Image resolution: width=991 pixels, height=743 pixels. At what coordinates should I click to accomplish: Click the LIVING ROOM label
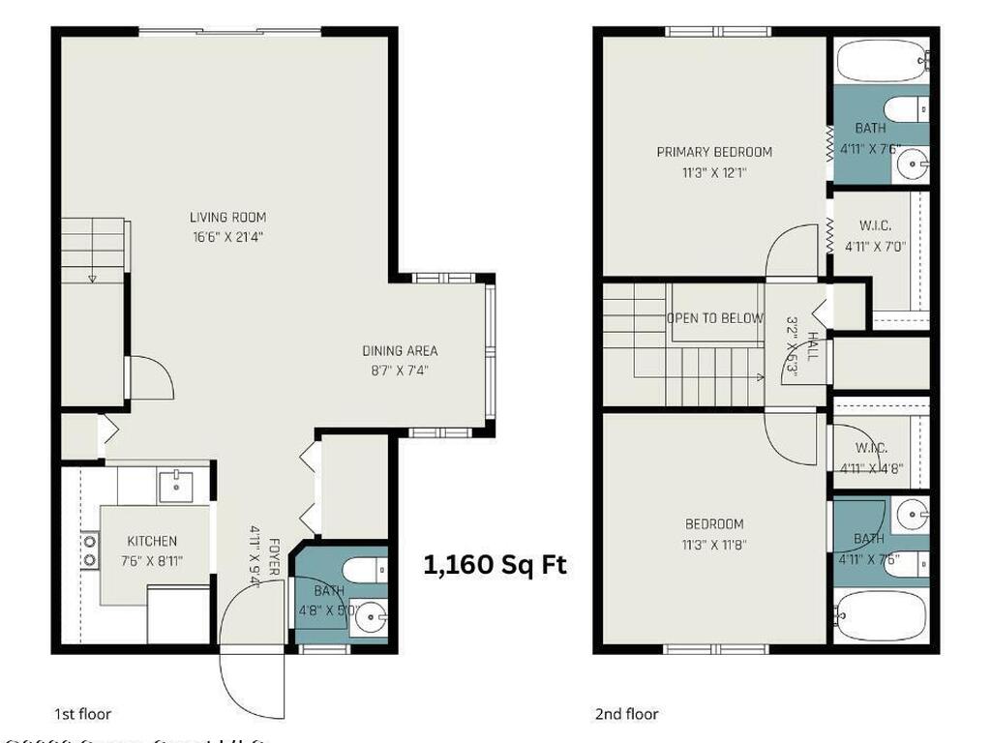(x=227, y=217)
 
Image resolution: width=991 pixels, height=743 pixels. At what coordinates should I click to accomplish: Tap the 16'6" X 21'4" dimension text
(x=227, y=236)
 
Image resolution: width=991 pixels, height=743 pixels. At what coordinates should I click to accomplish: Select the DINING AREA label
(x=400, y=351)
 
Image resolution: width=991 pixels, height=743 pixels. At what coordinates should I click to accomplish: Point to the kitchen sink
(x=175, y=484)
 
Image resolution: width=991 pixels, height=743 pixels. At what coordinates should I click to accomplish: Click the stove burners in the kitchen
(x=90, y=550)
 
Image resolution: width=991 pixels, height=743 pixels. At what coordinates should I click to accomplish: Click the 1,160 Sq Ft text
(x=495, y=565)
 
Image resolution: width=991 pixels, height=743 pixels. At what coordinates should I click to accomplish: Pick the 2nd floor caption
(x=626, y=715)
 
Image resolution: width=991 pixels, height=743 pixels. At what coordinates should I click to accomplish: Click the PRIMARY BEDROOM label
(x=714, y=152)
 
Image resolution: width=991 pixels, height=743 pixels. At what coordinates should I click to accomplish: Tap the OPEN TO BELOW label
(x=714, y=318)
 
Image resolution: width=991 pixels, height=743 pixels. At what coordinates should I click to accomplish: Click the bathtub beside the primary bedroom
(x=880, y=60)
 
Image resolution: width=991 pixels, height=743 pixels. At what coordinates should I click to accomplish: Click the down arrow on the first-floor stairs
(x=93, y=278)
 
